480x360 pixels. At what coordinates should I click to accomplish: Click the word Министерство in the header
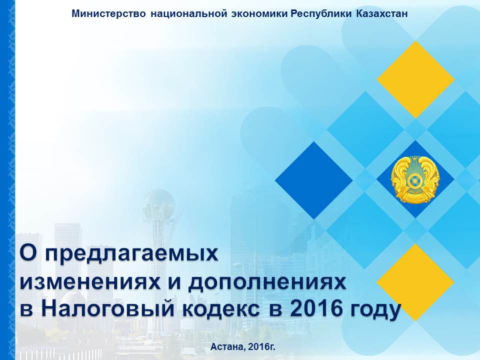108,14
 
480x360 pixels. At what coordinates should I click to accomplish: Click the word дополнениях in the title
267,283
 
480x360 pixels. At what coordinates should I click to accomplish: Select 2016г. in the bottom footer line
262,347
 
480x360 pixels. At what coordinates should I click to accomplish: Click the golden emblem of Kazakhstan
415,179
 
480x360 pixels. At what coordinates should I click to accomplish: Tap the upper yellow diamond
415,79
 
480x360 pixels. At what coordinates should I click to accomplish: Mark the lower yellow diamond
415,282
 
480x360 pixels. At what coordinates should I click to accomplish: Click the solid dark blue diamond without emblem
314,180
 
